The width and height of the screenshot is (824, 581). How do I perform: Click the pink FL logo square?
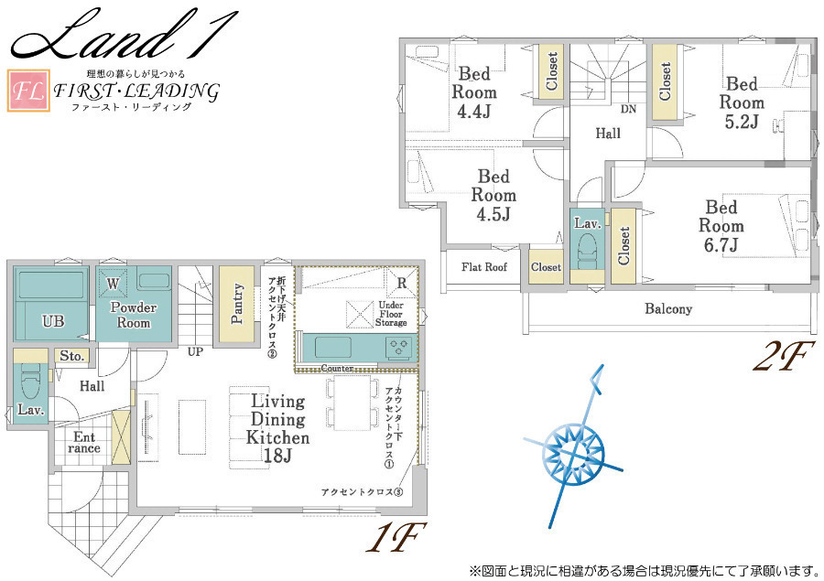click(x=28, y=91)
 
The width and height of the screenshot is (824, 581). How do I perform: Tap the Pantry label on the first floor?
click(x=237, y=304)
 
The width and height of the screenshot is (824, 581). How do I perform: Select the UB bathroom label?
click(x=53, y=321)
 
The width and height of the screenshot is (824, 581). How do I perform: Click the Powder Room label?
click(x=134, y=315)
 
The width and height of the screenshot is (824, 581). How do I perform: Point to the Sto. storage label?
click(x=72, y=356)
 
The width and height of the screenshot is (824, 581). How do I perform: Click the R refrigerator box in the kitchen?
click(x=402, y=283)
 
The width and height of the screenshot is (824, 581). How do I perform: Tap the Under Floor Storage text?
click(x=391, y=314)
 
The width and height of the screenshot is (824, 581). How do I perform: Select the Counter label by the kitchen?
click(x=337, y=368)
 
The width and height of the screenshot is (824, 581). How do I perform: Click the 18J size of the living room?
click(x=277, y=455)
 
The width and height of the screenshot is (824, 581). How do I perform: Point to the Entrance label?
click(x=84, y=442)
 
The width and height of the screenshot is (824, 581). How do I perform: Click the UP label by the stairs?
click(x=196, y=351)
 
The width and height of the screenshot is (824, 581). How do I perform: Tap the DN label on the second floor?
click(x=628, y=109)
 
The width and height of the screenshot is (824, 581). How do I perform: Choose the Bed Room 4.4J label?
click(x=474, y=92)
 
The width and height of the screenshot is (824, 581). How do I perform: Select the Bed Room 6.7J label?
click(x=721, y=226)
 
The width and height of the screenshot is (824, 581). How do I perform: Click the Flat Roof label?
click(x=484, y=267)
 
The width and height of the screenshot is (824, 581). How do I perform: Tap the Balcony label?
click(x=668, y=308)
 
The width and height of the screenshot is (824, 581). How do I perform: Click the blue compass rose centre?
click(x=574, y=453)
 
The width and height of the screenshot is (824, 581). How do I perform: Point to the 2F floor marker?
click(x=784, y=355)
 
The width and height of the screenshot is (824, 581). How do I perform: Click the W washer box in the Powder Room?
click(x=113, y=283)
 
